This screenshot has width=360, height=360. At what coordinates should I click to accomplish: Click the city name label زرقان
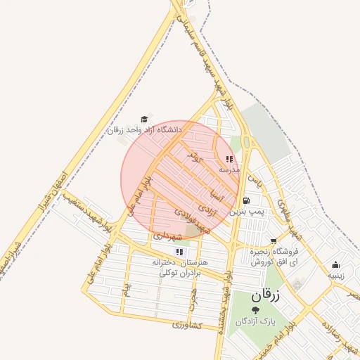coord(264,296)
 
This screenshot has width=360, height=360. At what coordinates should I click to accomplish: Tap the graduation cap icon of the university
coord(145,119)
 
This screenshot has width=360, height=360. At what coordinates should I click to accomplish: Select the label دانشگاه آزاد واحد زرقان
coord(144,130)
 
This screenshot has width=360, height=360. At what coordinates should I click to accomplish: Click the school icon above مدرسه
coord(229,159)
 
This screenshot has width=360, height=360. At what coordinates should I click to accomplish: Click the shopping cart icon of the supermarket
coord(273,240)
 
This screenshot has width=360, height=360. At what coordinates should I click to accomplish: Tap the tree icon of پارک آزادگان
coord(255,310)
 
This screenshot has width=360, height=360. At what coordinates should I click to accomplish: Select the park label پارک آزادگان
coord(255,321)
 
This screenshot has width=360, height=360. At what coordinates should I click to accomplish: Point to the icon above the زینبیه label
coord(335,265)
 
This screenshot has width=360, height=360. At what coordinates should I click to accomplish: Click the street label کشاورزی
coord(188,326)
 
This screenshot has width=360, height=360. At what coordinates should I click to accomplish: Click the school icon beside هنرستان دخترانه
coord(179,252)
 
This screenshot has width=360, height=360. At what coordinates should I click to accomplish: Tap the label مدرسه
coord(229,170)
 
